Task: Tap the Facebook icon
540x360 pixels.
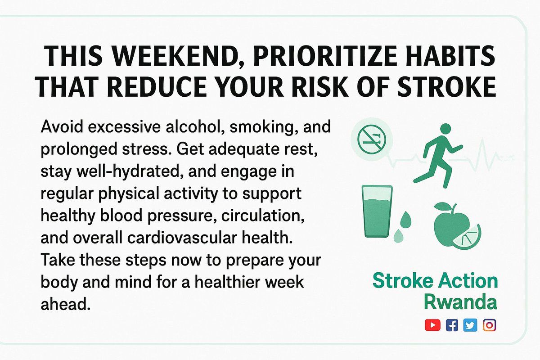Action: coord(451,325)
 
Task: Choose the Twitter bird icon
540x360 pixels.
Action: coord(470,325)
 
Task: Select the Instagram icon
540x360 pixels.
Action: coord(489,325)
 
